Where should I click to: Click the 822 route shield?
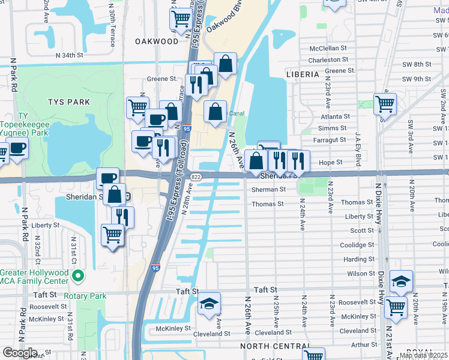[196, 177]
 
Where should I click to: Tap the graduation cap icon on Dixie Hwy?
[401, 281]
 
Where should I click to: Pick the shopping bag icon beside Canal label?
[215, 111]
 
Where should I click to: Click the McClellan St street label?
[328, 48]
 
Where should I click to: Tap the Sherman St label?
[268, 189]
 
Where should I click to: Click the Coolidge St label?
[358, 245]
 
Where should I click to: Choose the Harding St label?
[360, 259]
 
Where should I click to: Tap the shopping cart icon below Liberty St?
[113, 236]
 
